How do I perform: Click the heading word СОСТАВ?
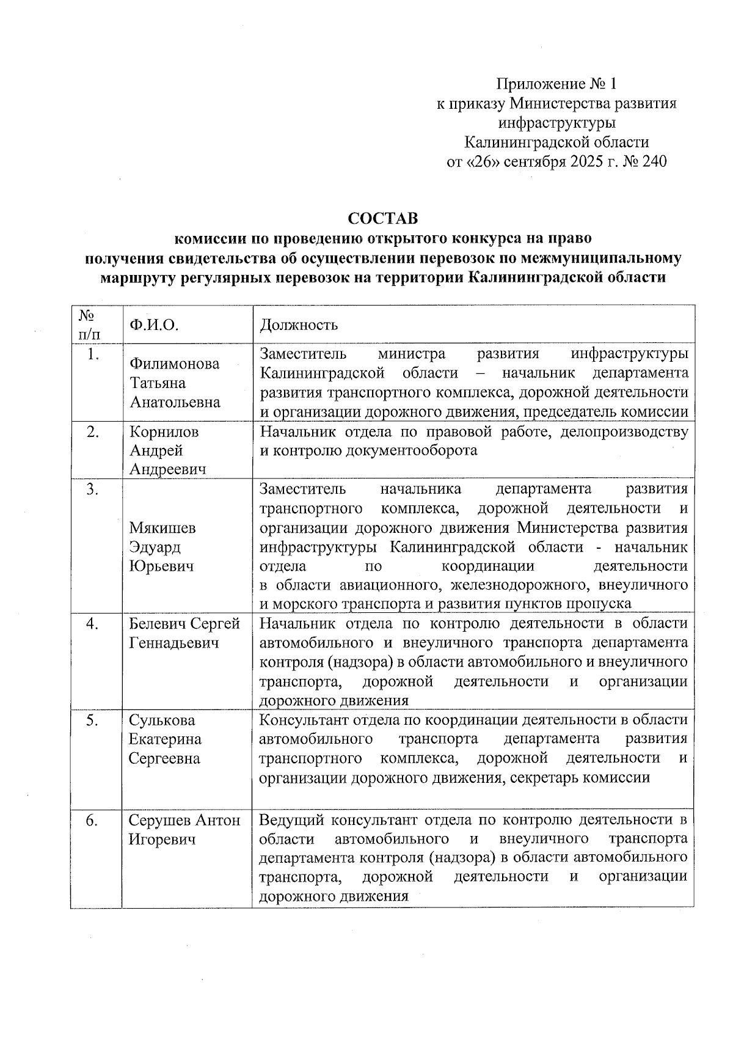click(382, 218)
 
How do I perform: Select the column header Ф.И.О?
click(153, 324)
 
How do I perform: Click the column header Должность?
click(299, 324)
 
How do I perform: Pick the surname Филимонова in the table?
click(174, 364)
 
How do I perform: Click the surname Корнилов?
click(164, 432)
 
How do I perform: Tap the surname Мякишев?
click(162, 528)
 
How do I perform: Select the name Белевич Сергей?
click(184, 624)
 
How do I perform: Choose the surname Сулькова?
click(161, 720)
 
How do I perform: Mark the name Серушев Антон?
click(184, 821)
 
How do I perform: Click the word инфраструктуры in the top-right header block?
click(556, 123)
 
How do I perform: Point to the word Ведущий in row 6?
click(289, 820)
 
